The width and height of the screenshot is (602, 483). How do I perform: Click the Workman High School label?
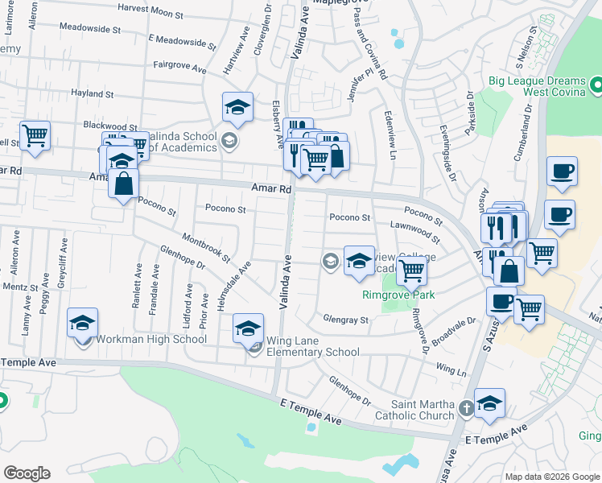coord(150,339)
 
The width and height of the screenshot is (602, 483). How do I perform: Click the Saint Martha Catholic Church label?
coord(423,410)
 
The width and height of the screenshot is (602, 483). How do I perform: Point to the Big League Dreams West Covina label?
coord(535,87)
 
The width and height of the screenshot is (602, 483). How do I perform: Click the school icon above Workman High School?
coord(83,323)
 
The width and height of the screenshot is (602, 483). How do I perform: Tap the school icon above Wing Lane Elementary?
coord(249,328)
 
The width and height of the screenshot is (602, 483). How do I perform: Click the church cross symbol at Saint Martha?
coord(466,409)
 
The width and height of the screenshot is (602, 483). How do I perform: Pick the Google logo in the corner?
coord(27,473)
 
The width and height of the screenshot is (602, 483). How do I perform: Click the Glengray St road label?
coord(347,320)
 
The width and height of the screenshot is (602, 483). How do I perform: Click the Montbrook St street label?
coord(206,249)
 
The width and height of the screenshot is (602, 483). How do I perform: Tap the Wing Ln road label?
coord(451,369)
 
